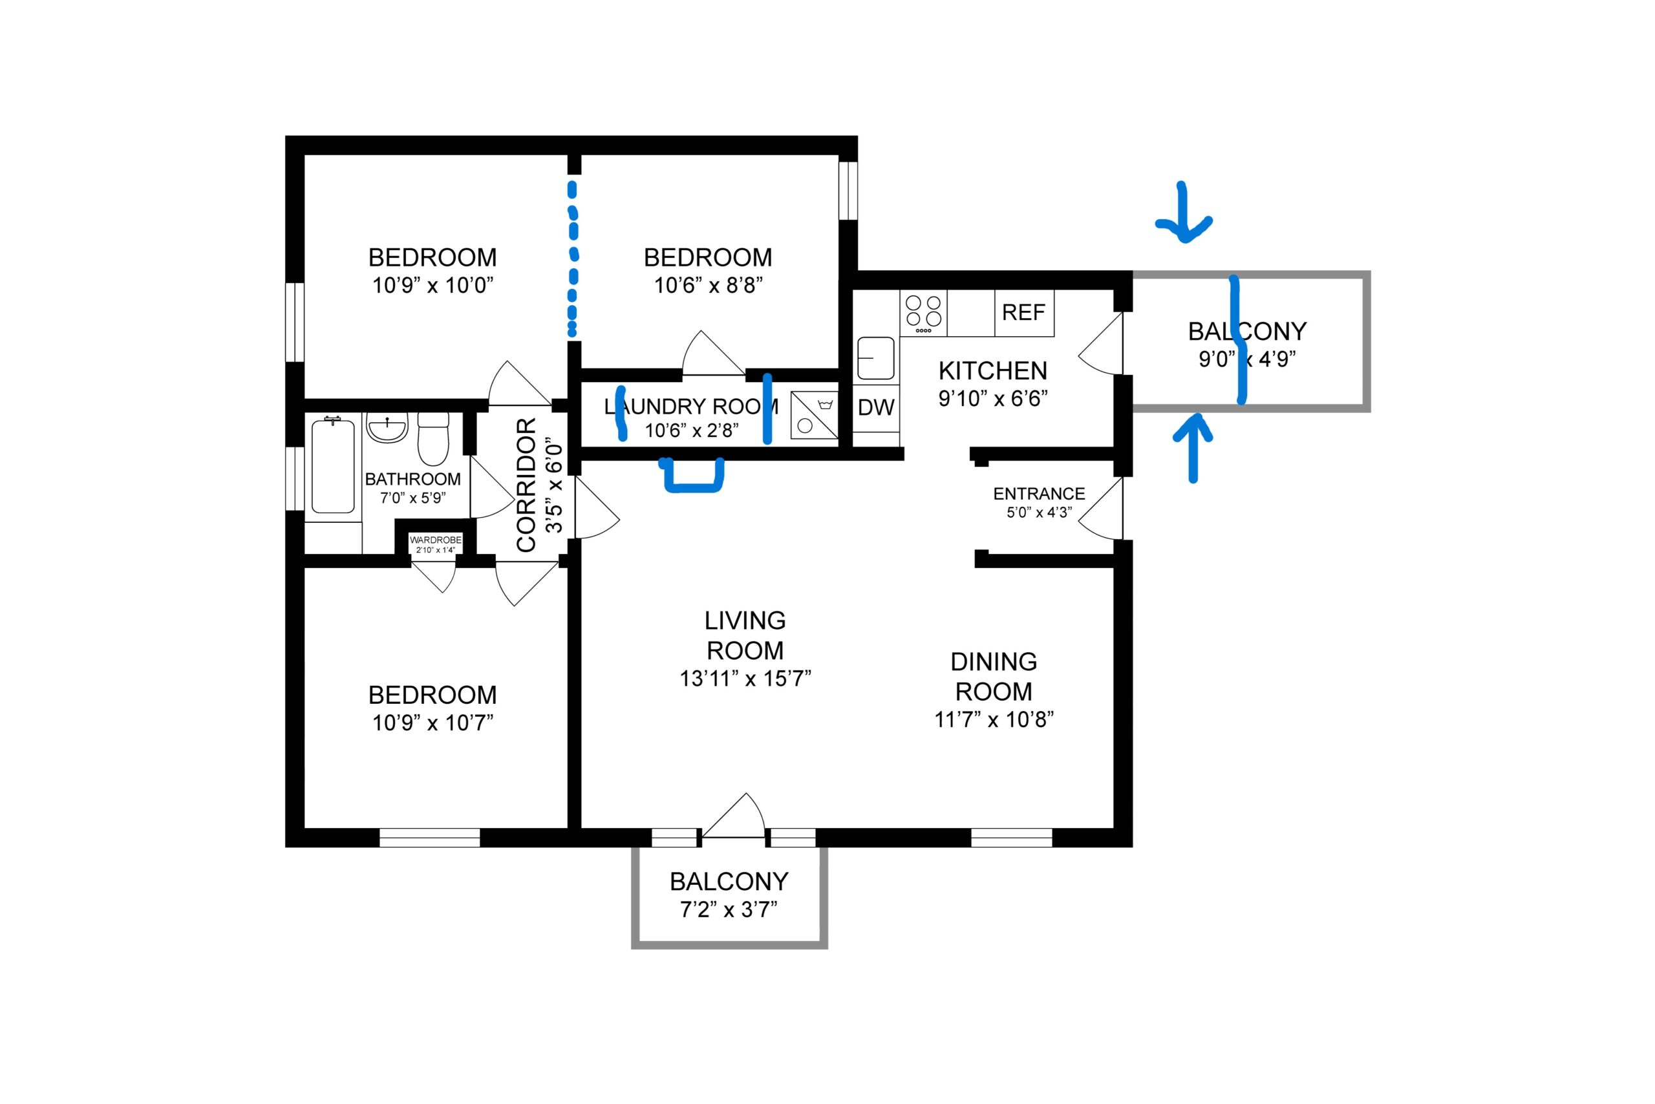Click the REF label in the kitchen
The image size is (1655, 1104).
pyautogui.click(x=1023, y=313)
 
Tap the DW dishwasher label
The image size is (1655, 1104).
pyautogui.click(x=876, y=407)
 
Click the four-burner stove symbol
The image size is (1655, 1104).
pyautogui.click(x=923, y=313)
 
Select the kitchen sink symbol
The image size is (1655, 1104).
pyautogui.click(x=875, y=358)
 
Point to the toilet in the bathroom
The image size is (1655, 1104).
pyautogui.click(x=433, y=440)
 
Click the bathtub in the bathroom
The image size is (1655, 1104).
pyautogui.click(x=333, y=465)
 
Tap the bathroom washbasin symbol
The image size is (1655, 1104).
pyautogui.click(x=387, y=427)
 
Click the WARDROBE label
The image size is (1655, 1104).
pyautogui.click(x=436, y=540)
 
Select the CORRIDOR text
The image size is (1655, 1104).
pyautogui.click(x=527, y=485)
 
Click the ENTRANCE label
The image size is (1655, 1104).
pyautogui.click(x=1039, y=494)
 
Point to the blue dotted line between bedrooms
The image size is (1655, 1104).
pyautogui.click(x=573, y=259)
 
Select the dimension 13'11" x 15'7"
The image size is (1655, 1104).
pyautogui.click(x=745, y=679)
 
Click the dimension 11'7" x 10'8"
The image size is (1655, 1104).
pyautogui.click(x=994, y=719)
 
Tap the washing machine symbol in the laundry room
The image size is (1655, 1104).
pyautogui.click(x=815, y=416)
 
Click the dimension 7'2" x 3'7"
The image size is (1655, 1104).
pyautogui.click(x=728, y=909)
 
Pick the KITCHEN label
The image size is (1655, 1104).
pyautogui.click(x=993, y=370)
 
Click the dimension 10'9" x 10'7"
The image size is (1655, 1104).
pyautogui.click(x=432, y=723)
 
